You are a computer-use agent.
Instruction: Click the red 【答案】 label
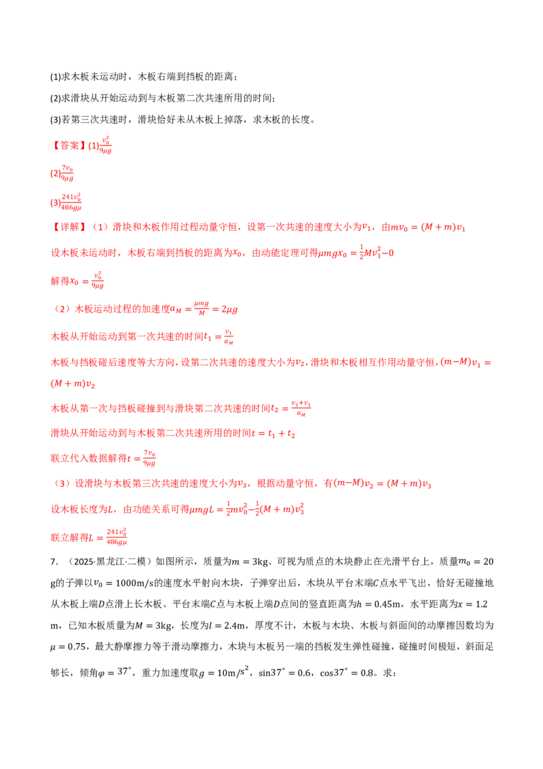(x=69, y=145)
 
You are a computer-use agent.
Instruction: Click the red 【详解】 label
(x=69, y=227)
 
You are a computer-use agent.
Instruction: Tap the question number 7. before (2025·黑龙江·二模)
(x=54, y=562)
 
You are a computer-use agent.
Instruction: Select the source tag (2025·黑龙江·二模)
(x=109, y=562)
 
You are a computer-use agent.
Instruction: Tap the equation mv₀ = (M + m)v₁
(x=428, y=228)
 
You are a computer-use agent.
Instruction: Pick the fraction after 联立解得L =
(x=117, y=537)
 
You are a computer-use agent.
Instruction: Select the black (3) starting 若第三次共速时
(x=56, y=120)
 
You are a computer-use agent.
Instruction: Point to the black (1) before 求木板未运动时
(x=56, y=77)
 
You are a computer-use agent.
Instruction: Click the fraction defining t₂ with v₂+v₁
(x=301, y=408)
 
